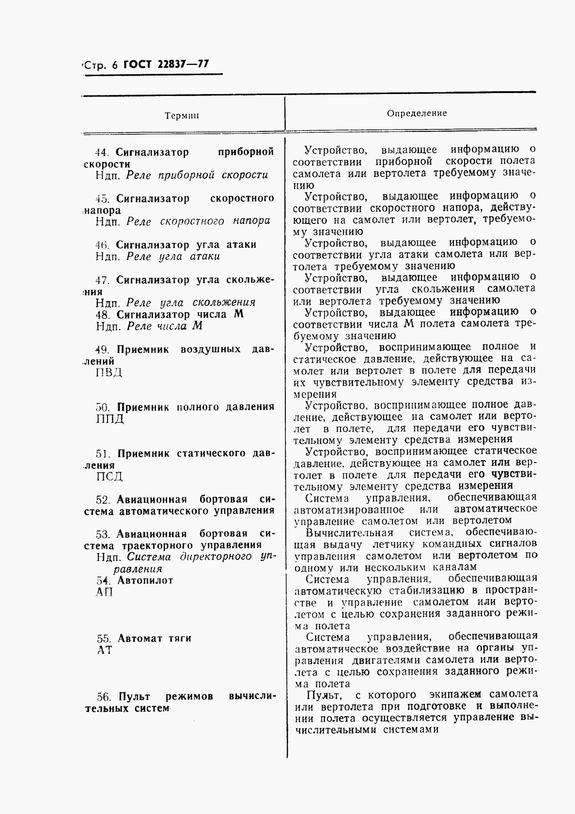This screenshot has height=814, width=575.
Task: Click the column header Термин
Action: coord(182,116)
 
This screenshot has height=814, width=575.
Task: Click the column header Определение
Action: coord(417,113)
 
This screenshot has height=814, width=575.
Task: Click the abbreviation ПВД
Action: coord(109,372)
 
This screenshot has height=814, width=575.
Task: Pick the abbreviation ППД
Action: coord(110,418)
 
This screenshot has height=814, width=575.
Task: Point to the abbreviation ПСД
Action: coord(109,476)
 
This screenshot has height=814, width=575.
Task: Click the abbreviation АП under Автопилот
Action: coord(104,591)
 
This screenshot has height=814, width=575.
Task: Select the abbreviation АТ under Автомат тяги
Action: coord(105,650)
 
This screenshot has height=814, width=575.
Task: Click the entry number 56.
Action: coord(104,697)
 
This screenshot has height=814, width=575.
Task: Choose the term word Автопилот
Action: coord(145,580)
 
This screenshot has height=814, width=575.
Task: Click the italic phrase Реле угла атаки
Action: coord(173,256)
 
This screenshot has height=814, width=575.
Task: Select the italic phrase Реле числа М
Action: coord(164,326)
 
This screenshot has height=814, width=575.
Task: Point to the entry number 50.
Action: coord(104,407)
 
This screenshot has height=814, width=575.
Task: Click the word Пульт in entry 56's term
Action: coord(136,697)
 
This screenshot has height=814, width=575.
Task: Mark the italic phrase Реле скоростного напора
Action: coord(198,221)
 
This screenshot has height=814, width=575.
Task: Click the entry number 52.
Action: coord(104,499)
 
